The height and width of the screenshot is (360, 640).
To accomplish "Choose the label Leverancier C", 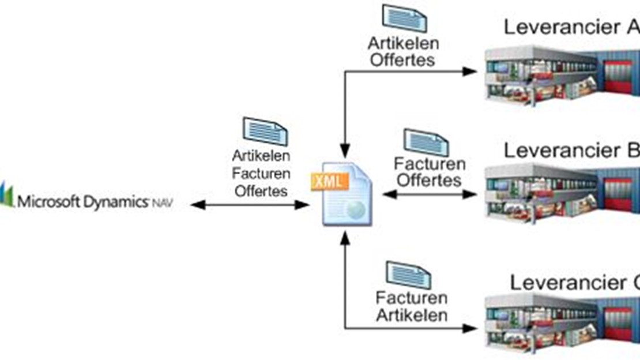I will point(574,283).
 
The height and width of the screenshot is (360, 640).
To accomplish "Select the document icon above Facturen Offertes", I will point(426,142).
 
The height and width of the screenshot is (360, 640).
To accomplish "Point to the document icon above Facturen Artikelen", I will point(408,275).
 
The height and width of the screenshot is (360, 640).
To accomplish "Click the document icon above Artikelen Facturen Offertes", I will point(265,131).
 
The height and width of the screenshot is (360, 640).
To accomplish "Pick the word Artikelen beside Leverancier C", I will point(412,315).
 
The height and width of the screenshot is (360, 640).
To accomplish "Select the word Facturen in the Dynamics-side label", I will point(261,173).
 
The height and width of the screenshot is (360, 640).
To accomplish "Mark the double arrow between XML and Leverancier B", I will point(430,194).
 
